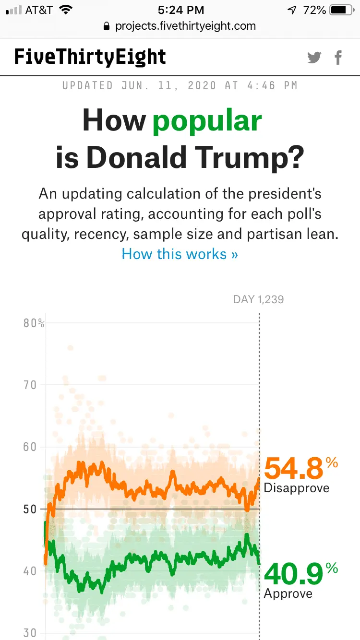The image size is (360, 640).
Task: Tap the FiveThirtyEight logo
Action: pos(90,57)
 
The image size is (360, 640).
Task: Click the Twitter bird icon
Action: pos(314,58)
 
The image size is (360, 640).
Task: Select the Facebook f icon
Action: pos(338,58)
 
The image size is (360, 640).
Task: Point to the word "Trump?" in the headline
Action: pos(256,158)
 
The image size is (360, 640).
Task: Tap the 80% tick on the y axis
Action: pos(34,323)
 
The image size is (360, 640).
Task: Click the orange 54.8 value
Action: pos(293,468)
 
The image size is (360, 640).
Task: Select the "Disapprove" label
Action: pos(297,488)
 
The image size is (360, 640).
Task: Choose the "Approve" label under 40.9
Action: pos(288,594)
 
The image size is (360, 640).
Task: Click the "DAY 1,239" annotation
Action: pos(258,299)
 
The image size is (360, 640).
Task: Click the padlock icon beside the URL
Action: pos(107,26)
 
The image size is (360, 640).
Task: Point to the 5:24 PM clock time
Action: pos(180,10)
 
